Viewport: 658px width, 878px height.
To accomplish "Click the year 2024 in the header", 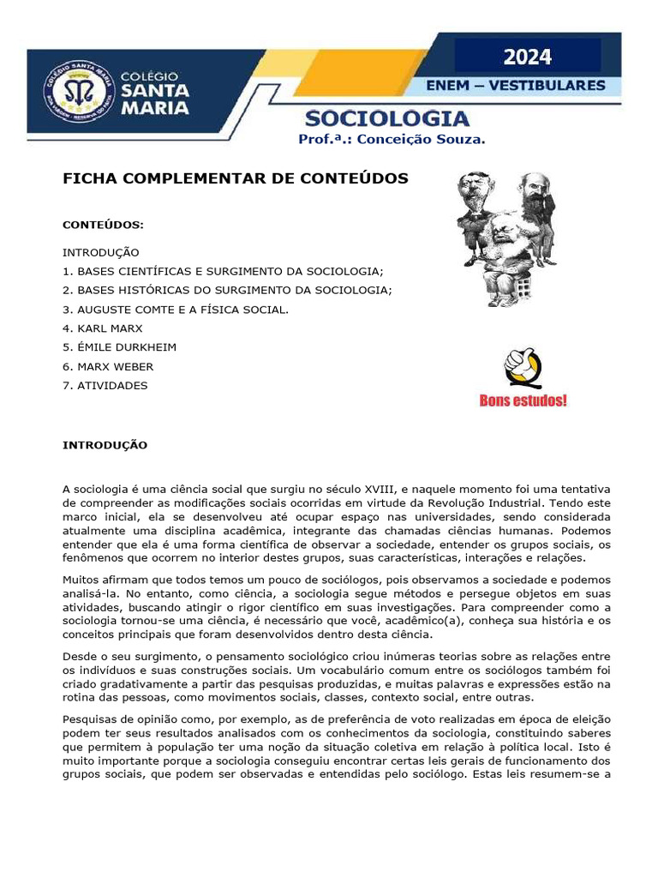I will coord(527,57).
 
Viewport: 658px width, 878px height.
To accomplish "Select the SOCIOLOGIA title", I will coord(387,118).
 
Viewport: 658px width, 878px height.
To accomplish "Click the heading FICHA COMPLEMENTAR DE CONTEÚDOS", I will coord(236,178).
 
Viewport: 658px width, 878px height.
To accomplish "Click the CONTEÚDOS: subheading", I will coord(103,225).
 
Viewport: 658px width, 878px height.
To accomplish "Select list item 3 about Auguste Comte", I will coord(176,310).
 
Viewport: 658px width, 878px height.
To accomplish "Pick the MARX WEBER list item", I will coord(108,366).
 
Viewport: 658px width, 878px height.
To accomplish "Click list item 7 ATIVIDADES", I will coord(105,385).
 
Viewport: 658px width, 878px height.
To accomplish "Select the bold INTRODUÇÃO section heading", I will coord(105,445).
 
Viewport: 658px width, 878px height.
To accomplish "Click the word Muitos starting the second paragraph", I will coord(81,580).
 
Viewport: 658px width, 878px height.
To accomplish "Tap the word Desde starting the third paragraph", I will coord(80,656).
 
